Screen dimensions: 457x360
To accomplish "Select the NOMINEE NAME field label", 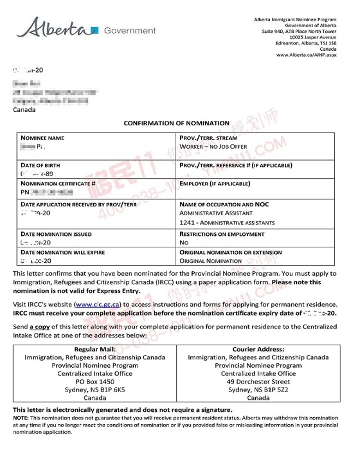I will (x=42, y=138).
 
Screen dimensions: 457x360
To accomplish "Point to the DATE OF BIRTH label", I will (x=42, y=166).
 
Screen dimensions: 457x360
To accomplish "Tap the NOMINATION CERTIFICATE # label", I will (x=59, y=183).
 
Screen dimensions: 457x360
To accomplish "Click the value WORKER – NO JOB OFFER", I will (x=215, y=147).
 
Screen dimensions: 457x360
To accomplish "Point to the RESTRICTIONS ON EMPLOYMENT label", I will (x=226, y=235).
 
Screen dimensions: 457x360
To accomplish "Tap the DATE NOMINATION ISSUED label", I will (x=55, y=235).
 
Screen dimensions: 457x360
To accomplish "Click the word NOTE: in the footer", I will (x=21, y=418).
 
